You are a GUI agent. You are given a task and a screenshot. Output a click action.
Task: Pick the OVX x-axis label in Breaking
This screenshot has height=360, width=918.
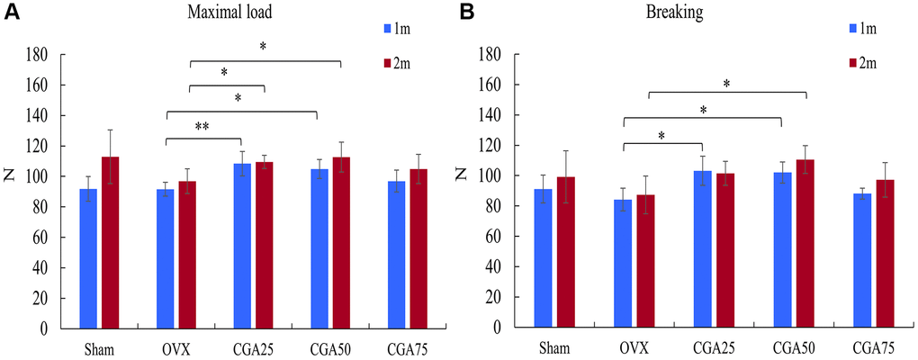[x=634, y=346]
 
